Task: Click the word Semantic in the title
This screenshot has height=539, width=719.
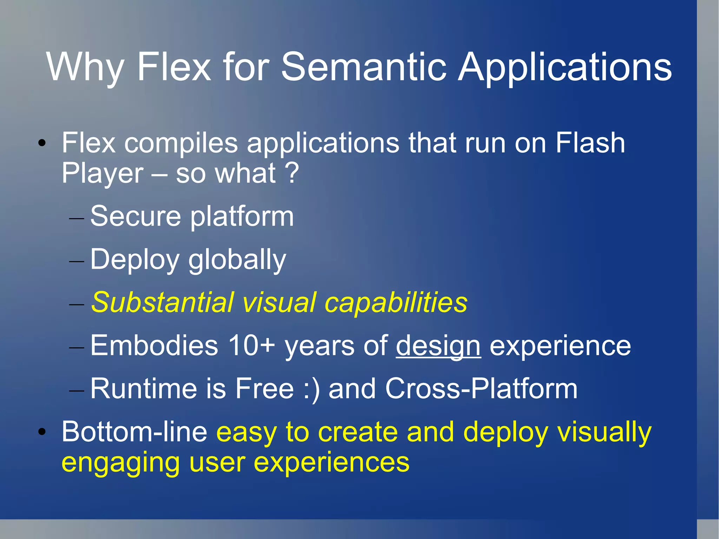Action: [364, 67]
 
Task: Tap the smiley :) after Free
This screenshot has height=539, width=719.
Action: [312, 389]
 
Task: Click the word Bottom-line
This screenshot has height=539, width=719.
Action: [134, 432]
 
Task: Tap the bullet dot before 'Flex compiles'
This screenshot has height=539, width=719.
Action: [42, 143]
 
